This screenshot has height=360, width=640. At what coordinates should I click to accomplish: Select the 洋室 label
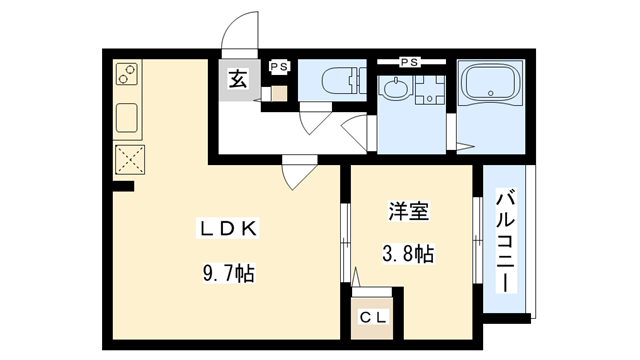[408, 212]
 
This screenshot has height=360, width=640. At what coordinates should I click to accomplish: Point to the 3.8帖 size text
[409, 254]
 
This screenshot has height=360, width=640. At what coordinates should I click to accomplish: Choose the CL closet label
[376, 319]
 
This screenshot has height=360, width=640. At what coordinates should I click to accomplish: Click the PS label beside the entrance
[279, 66]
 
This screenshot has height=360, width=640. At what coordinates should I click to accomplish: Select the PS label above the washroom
[408, 62]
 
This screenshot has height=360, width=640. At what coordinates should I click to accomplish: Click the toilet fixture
[329, 81]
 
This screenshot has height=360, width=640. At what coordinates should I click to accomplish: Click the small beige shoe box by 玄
[279, 93]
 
